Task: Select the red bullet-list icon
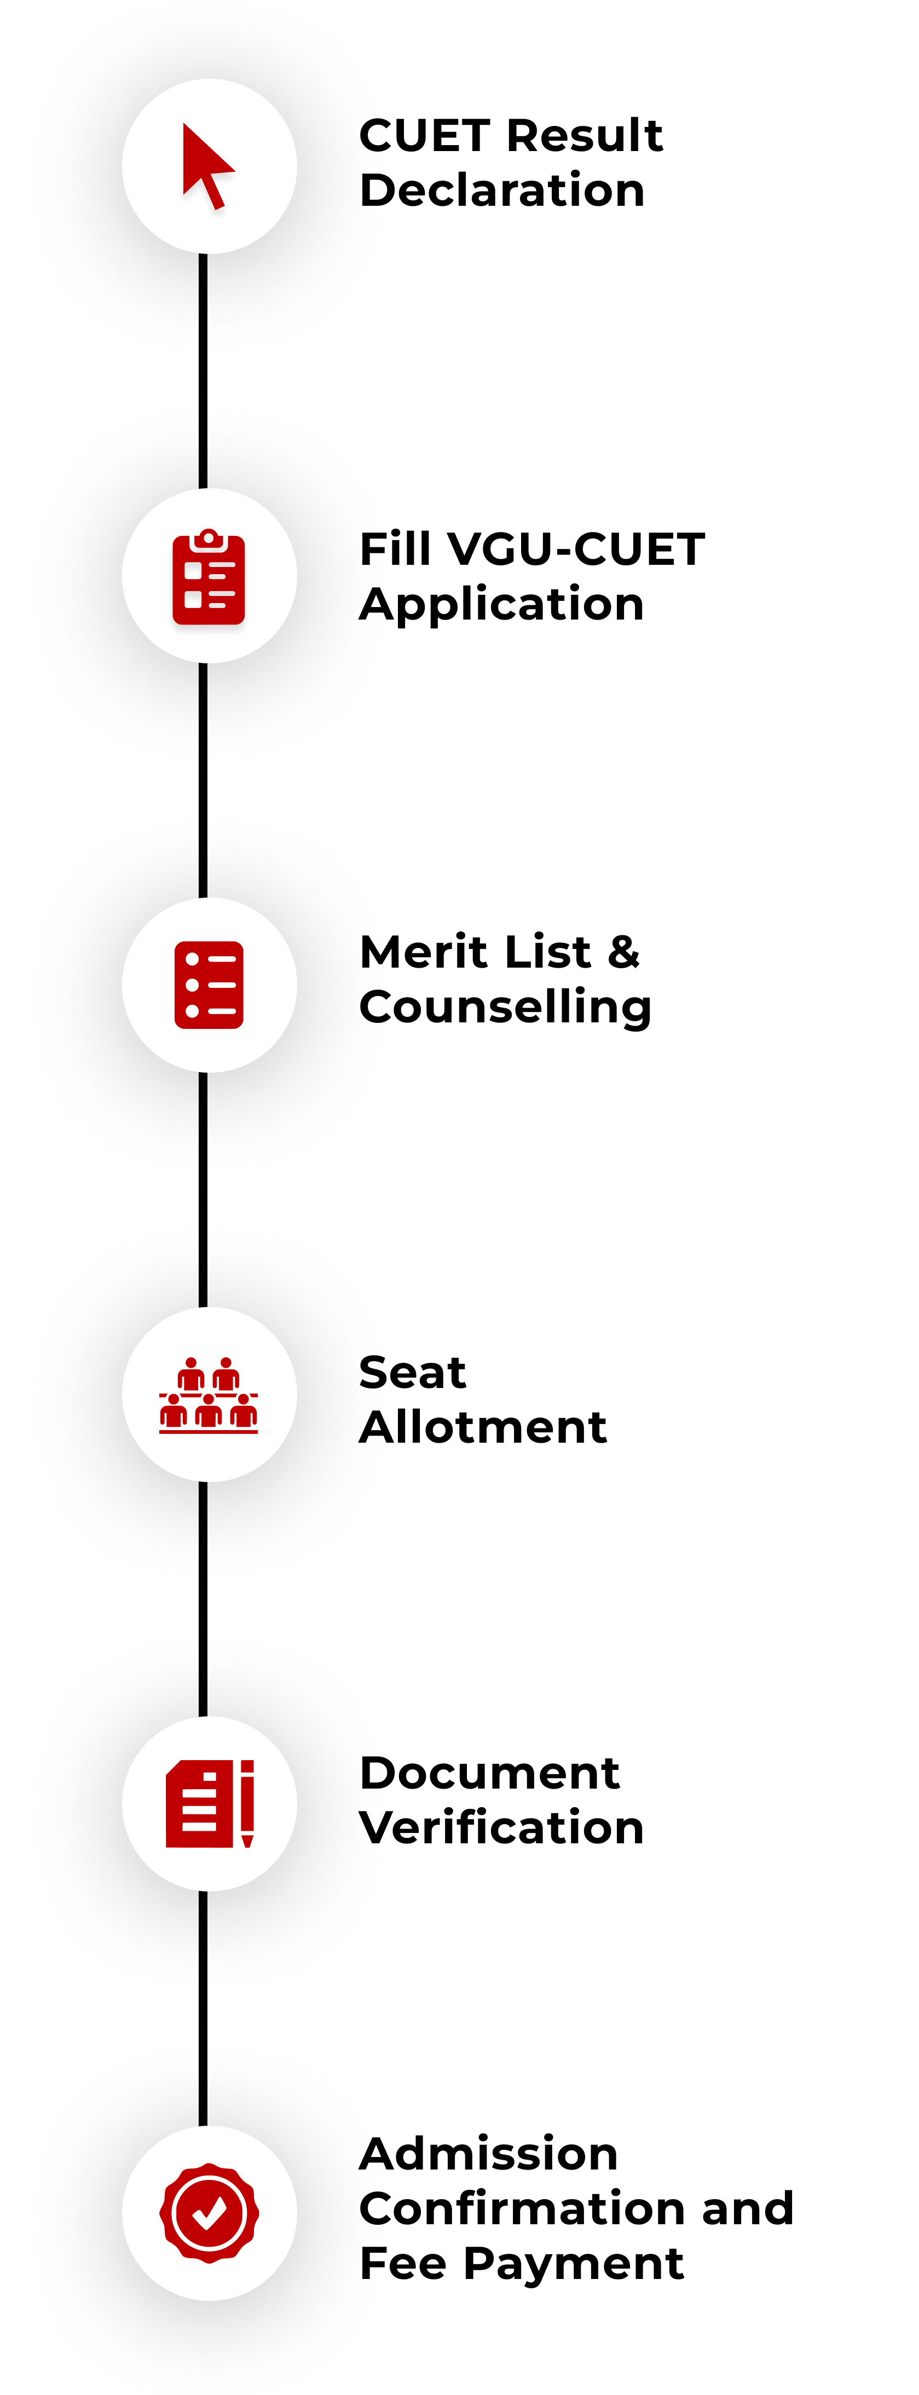209,986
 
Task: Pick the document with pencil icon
209,1804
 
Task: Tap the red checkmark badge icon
209,2213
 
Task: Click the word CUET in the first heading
423,136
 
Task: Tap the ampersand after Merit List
623,953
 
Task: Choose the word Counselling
505,1008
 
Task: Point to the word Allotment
483,1428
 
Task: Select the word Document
489,1774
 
